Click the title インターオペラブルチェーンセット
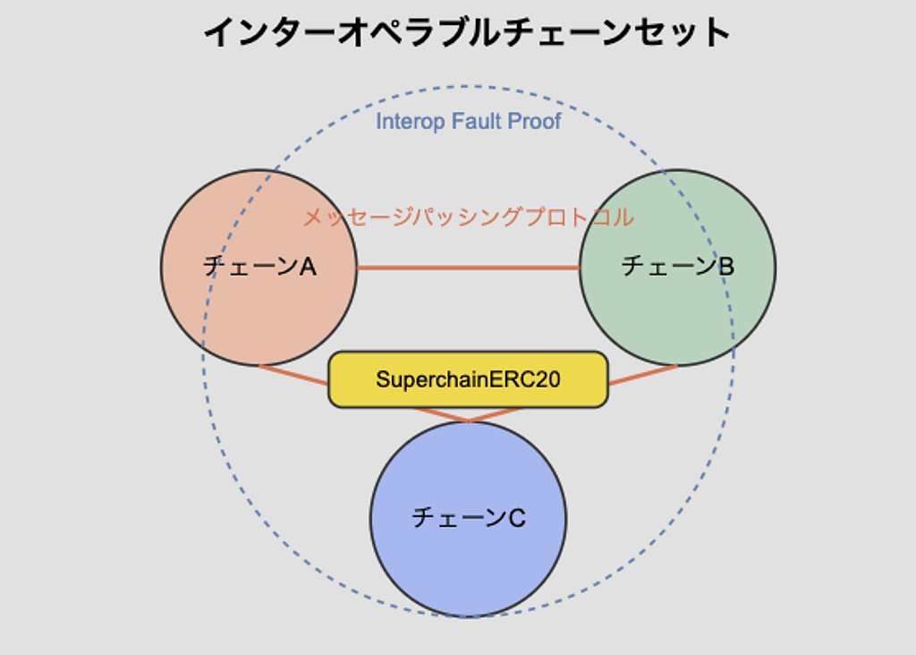[x=467, y=32]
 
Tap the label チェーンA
[x=259, y=267]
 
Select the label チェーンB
[x=678, y=266]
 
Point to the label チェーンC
[x=469, y=518]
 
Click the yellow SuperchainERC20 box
[x=468, y=379]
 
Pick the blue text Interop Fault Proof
[x=468, y=121]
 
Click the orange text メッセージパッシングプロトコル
[x=469, y=217]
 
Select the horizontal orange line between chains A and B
[x=468, y=268]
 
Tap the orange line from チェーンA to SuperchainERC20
[x=293, y=375]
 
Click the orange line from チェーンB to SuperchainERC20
[x=642, y=375]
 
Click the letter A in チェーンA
[x=308, y=267]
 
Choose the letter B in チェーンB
[x=726, y=267]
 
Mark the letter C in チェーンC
[x=517, y=518]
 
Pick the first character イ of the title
[x=219, y=32]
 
